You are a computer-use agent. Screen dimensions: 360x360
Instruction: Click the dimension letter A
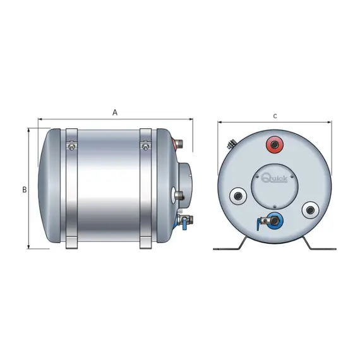coord(115,112)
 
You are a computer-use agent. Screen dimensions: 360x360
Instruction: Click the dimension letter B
coord(25,190)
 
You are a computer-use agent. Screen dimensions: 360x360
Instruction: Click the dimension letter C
coord(275,116)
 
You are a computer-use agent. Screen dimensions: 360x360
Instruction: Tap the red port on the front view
coord(275,145)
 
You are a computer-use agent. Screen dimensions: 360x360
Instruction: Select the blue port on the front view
coord(275,221)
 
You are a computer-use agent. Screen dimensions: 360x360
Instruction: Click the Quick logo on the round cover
coord(274,177)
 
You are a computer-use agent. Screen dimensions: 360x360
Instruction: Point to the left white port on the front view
coord(238,196)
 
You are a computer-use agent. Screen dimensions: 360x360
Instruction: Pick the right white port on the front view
coord(310,210)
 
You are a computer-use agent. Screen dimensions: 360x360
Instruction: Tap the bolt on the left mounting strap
coord(71,147)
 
